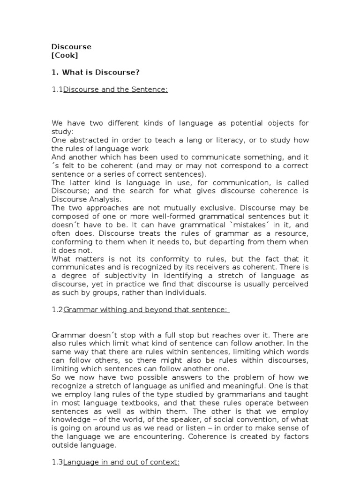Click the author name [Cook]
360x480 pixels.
(65, 55)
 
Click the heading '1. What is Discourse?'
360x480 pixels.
(96, 73)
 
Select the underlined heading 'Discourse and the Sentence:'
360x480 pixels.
(115, 90)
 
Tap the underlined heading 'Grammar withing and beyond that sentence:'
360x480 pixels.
(145, 310)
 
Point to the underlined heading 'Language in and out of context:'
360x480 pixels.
(121, 463)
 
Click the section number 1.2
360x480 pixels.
(57, 310)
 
